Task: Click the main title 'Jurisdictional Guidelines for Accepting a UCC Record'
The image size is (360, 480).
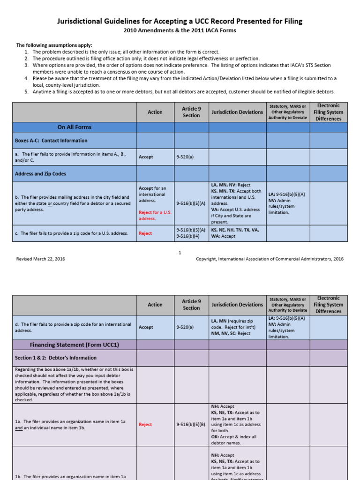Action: coord(180,21)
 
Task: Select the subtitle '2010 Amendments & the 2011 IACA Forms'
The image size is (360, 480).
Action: coord(180,30)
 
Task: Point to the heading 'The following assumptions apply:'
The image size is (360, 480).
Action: coord(54,45)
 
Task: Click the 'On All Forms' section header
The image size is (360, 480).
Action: coord(74,127)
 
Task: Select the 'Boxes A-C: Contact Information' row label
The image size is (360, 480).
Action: coord(51,140)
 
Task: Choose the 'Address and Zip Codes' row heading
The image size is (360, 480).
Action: coord(41,173)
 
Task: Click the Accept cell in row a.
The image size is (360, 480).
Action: coord(146,157)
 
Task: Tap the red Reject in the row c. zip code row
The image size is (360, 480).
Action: coord(145,233)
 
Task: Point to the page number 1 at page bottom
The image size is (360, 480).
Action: coord(180,253)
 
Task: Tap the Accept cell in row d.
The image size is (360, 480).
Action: coord(146,327)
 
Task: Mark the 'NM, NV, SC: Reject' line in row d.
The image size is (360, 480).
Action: coord(231,334)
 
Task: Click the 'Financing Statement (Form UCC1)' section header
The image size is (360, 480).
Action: coord(75,345)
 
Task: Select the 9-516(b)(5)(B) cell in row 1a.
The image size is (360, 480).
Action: coord(191,424)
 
